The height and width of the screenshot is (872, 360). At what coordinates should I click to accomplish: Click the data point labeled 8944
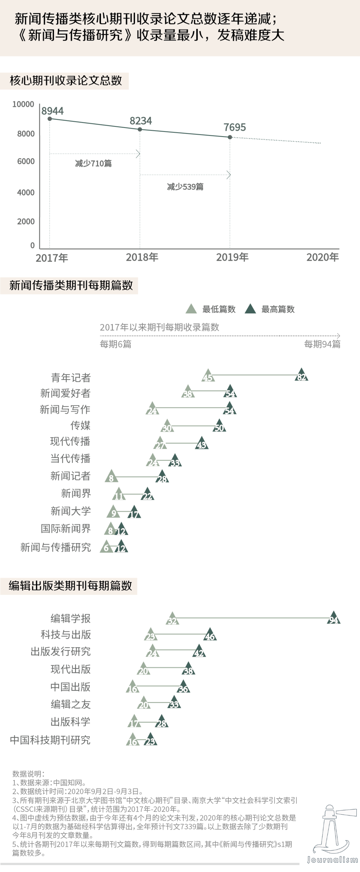50,119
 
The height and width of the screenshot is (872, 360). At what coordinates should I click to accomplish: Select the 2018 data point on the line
140,129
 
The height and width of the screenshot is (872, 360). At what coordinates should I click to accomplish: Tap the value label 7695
234,127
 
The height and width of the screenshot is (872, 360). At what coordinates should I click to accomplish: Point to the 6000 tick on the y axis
26,161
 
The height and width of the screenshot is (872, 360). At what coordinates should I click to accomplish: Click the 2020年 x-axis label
322,257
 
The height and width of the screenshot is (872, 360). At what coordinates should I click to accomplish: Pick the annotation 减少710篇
93,164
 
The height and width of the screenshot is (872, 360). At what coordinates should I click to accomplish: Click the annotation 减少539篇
185,187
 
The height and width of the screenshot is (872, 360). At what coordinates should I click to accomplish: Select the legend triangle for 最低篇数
191,309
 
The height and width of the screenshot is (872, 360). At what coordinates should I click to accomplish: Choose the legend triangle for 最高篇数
250,309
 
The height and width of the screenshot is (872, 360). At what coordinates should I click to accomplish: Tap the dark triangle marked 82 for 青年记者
301,375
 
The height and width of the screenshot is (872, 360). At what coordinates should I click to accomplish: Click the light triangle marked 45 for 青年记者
208,376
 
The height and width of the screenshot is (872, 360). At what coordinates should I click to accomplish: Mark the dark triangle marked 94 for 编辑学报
334,618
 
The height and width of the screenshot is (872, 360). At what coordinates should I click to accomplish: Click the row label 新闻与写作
65,409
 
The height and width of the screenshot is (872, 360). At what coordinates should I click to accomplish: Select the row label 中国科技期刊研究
50,740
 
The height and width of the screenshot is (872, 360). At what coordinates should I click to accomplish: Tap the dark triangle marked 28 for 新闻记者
162,477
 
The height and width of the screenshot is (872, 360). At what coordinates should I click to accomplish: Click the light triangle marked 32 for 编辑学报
172,619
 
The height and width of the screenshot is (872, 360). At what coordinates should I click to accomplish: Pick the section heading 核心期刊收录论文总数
66,81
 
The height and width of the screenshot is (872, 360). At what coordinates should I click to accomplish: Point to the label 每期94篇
322,344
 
